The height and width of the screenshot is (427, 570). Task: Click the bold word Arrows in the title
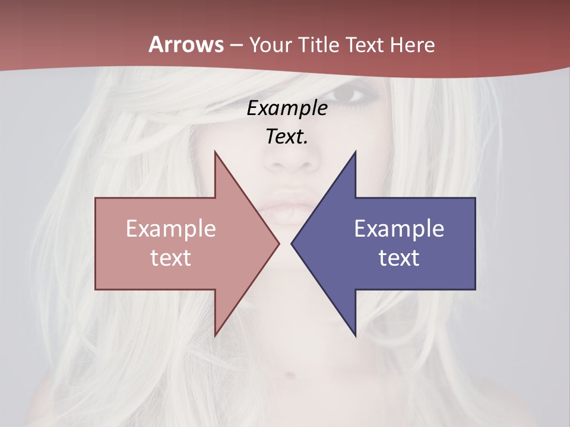[186, 45]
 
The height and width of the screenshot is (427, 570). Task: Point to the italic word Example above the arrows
[287, 108]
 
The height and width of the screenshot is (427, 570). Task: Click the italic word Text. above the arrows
[287, 136]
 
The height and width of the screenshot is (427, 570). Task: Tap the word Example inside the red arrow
[171, 228]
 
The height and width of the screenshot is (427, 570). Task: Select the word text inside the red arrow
[171, 257]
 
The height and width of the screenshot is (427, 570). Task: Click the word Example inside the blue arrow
[399, 228]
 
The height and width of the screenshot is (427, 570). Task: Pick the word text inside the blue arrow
[399, 257]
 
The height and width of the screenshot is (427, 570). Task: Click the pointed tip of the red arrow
[278, 243]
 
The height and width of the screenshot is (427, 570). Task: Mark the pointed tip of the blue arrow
[292, 243]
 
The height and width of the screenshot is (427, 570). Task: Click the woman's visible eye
[350, 94]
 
